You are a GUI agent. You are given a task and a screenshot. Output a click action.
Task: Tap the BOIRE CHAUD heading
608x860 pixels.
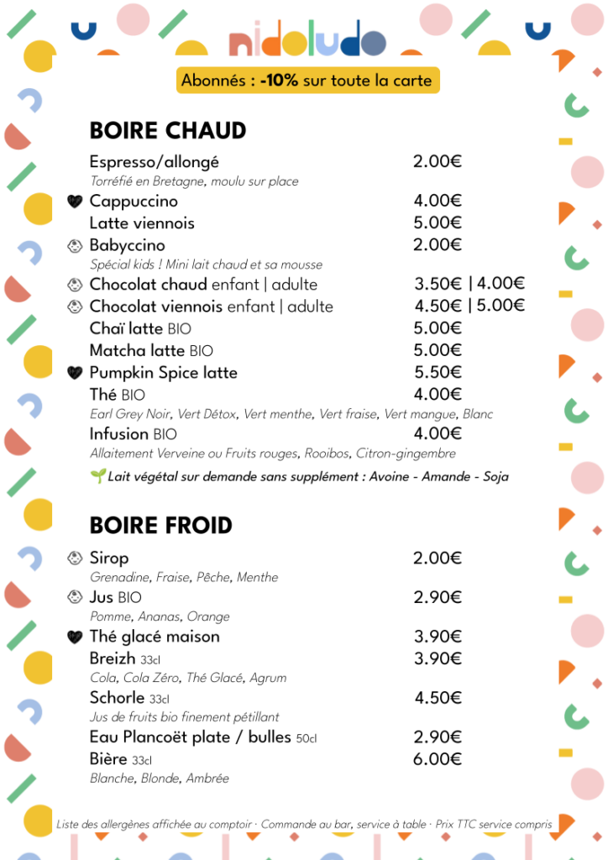(x=168, y=131)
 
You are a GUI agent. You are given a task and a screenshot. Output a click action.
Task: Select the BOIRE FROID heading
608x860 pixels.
(x=161, y=526)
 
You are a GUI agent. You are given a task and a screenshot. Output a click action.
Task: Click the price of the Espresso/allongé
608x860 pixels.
(x=437, y=161)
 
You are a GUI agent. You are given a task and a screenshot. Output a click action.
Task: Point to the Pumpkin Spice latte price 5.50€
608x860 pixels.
(x=438, y=372)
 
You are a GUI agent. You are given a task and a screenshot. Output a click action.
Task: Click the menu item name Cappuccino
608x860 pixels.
(x=134, y=202)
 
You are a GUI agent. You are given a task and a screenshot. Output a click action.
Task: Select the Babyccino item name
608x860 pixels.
(x=127, y=245)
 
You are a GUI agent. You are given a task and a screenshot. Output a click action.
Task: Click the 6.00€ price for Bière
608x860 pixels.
(x=438, y=759)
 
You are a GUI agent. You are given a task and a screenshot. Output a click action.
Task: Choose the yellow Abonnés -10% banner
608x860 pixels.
(x=307, y=81)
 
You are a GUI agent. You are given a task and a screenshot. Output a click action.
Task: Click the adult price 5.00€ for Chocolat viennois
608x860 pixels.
(x=501, y=306)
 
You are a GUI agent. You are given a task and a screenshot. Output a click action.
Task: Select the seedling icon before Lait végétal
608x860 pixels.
(x=97, y=476)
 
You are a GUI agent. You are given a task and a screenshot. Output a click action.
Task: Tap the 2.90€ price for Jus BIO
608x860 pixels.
(x=438, y=597)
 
